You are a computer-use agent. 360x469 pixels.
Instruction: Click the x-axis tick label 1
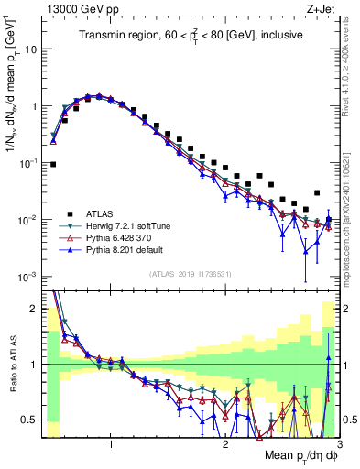pos(111,444)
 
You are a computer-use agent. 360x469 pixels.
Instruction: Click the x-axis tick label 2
pos(225,444)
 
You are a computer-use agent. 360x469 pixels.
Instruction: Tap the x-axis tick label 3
pos(337,444)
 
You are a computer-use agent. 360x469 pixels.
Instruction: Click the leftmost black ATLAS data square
pos(52,165)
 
